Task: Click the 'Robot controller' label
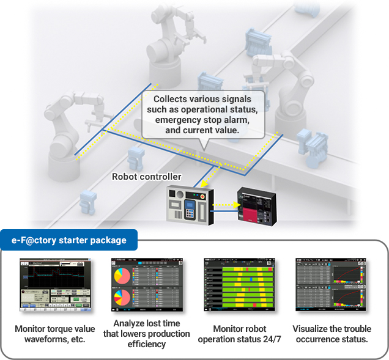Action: (146, 177)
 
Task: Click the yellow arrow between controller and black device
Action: (226, 204)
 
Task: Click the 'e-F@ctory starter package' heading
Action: (69, 240)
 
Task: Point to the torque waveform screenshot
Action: (54, 284)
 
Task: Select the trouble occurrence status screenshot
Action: (330, 284)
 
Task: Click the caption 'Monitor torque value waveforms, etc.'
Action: (54, 334)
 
